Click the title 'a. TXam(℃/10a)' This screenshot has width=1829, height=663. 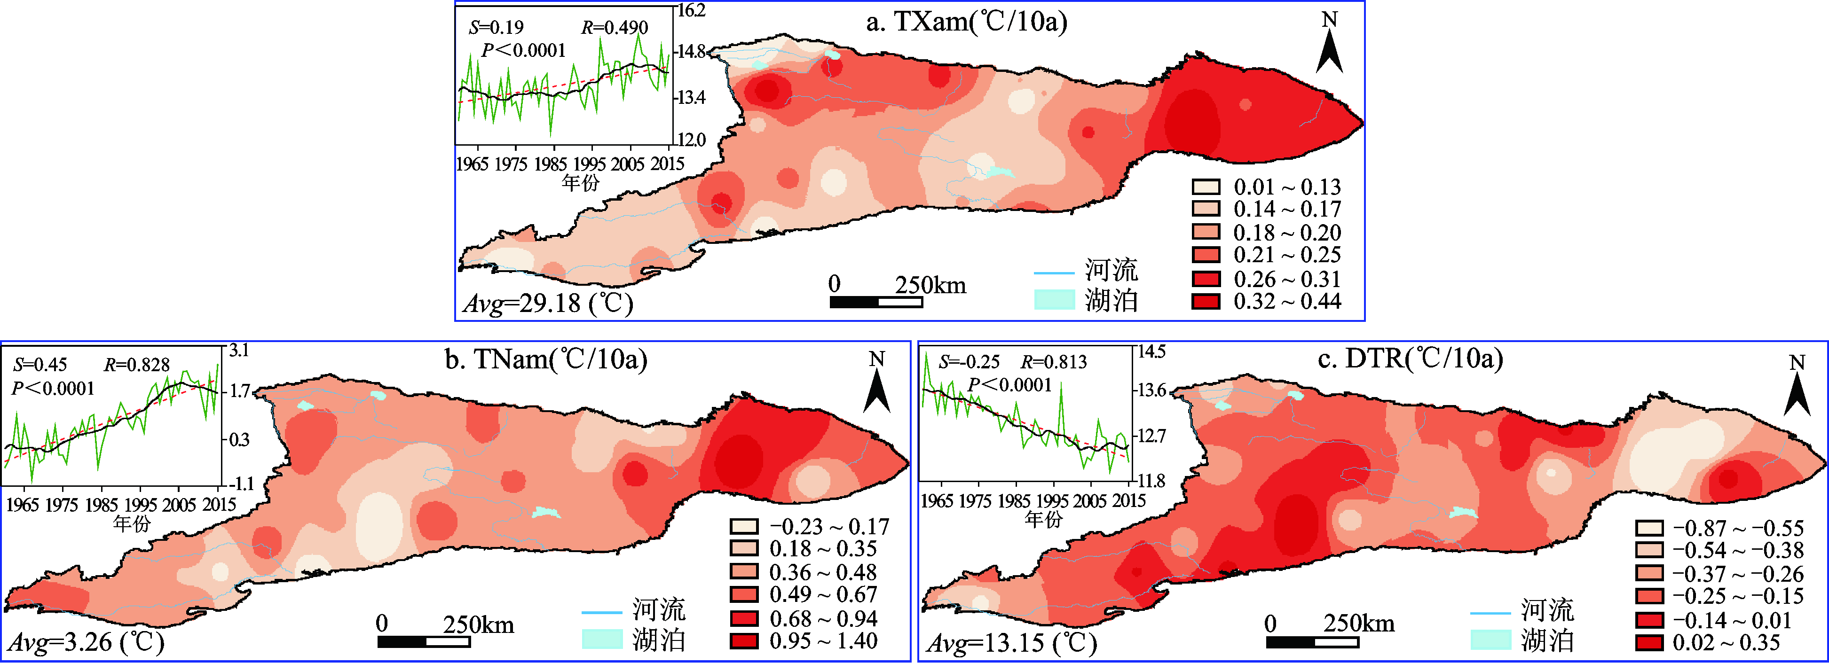click(966, 22)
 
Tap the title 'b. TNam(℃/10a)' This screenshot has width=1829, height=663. click(546, 360)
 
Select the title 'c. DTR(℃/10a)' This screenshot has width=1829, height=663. click(1410, 359)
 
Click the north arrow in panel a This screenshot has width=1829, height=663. click(1329, 44)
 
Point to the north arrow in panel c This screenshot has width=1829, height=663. click(1797, 387)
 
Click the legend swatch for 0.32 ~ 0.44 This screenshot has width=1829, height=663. click(1206, 302)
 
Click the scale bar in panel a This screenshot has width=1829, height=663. click(876, 302)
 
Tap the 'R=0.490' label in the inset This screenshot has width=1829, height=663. click(614, 28)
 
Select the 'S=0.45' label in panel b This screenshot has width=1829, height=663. click(40, 365)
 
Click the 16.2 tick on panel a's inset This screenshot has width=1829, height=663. click(691, 11)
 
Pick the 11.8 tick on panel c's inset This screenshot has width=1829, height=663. click(1151, 481)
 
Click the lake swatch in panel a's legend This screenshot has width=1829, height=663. click(1054, 300)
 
